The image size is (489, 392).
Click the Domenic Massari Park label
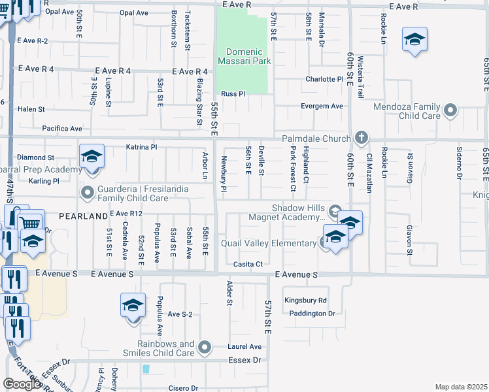248,57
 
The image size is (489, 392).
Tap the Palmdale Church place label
316,139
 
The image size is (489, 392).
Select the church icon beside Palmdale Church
360,138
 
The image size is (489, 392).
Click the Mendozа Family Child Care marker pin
450,112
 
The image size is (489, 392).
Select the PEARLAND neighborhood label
83,216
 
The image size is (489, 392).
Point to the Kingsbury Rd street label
305,301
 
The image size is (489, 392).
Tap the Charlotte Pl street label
324,80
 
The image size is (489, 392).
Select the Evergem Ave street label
322,106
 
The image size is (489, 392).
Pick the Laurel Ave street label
244,346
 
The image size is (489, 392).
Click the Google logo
22,384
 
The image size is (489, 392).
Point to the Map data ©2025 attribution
461,387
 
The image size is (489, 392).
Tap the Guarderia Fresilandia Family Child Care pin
88,192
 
